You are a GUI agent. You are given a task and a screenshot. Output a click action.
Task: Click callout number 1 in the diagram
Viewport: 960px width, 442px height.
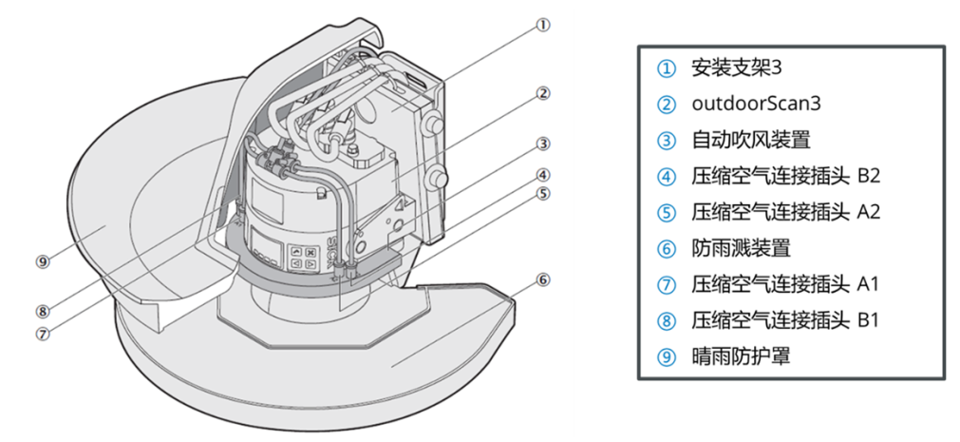(x=542, y=26)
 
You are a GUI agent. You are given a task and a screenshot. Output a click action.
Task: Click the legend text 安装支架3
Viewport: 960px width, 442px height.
(x=736, y=67)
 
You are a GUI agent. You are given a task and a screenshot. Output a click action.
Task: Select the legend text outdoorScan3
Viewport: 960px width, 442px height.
(x=750, y=104)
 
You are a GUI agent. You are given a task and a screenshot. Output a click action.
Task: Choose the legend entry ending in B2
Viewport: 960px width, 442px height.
(x=785, y=176)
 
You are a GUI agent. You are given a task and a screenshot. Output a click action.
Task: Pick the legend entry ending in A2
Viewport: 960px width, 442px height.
(x=785, y=212)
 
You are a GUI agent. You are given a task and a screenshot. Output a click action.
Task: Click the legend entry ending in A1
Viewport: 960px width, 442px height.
(x=785, y=284)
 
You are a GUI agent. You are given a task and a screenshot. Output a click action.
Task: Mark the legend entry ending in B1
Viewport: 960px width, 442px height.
(x=785, y=320)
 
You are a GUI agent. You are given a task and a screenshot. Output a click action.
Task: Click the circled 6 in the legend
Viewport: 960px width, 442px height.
(x=668, y=248)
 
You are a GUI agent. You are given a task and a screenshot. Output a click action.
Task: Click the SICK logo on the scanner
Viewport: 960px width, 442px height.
(x=338, y=258)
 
